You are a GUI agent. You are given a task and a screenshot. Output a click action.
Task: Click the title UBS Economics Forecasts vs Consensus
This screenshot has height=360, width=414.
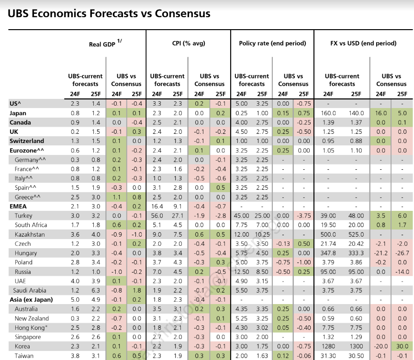click(x=109, y=13)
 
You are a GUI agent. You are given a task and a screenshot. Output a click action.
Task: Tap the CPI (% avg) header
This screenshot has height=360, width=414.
click(x=189, y=44)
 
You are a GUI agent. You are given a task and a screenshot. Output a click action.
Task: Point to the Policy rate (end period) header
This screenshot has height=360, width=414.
click(x=272, y=44)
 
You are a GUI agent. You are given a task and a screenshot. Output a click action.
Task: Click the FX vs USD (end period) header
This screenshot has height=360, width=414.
click(x=363, y=44)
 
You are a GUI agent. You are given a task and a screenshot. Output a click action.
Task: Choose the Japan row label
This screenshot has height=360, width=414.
click(x=18, y=113)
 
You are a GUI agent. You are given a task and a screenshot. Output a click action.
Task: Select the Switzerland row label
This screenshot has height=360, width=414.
click(x=27, y=141)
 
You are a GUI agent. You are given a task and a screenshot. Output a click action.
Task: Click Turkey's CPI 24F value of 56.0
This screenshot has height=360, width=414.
click(x=157, y=216)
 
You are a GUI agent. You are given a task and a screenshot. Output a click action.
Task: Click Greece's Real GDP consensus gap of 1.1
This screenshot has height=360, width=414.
click(x=116, y=197)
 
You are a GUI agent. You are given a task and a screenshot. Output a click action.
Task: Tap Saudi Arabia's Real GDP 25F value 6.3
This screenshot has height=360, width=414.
click(x=95, y=290)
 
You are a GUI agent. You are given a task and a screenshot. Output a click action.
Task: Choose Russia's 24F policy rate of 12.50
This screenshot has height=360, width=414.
click(x=241, y=272)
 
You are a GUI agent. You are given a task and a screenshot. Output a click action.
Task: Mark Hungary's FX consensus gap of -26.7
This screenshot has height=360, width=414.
click(x=402, y=253)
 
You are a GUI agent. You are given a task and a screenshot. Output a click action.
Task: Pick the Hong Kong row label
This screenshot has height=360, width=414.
click(x=32, y=327)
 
